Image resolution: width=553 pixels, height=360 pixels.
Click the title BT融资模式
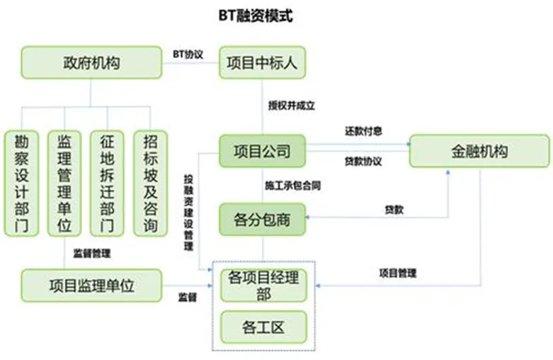pos(256,16)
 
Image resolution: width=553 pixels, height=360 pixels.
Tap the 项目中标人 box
pos(262,62)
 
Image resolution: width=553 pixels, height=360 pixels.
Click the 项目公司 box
pos(262,151)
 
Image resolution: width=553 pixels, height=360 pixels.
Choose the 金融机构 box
pos(479,151)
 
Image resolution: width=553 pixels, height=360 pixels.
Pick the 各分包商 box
pos(262,220)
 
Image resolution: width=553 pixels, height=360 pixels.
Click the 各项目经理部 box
pos(262,285)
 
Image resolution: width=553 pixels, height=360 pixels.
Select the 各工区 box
pos(262,327)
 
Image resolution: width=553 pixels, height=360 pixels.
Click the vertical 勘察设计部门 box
pos(21,183)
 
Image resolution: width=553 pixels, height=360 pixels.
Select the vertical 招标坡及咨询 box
pos(150,183)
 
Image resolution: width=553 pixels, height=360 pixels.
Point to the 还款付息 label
pos(364,131)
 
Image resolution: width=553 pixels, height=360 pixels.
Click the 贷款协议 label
pos(364,162)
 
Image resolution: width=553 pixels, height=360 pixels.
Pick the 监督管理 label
pos(92,252)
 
